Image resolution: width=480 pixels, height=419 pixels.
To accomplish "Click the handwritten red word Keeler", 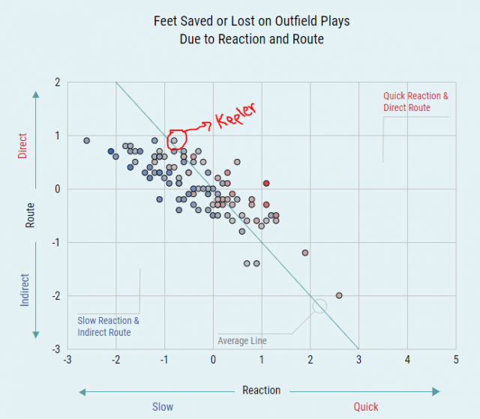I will pyautogui.click(x=235, y=115).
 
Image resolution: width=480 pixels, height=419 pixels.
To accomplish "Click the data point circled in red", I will pyautogui.click(x=174, y=140).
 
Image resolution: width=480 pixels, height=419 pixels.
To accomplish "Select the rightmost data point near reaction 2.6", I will pyautogui.click(x=339, y=295).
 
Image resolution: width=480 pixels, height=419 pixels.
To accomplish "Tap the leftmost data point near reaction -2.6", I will pyautogui.click(x=87, y=140).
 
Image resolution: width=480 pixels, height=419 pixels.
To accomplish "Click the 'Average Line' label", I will pyautogui.click(x=242, y=341).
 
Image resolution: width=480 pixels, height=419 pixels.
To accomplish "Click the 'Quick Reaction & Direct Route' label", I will pyautogui.click(x=415, y=102).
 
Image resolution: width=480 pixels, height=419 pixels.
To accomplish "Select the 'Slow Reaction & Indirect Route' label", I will pyautogui.click(x=108, y=327).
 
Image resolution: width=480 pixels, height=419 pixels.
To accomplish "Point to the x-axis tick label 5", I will pyautogui.click(x=456, y=361).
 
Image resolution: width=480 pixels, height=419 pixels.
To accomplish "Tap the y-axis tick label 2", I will pyautogui.click(x=57, y=82).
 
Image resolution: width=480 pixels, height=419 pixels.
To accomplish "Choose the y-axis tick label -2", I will pyautogui.click(x=55, y=295).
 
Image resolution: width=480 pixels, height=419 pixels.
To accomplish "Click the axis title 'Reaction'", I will pyautogui.click(x=261, y=391).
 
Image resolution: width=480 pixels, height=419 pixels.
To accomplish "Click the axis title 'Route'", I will pyautogui.click(x=30, y=216).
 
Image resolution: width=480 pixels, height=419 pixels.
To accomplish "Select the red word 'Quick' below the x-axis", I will pyautogui.click(x=366, y=407).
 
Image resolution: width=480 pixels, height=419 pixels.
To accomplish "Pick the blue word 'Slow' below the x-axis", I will pyautogui.click(x=163, y=407).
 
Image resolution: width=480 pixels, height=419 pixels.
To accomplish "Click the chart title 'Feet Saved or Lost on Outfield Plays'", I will pyautogui.click(x=250, y=22).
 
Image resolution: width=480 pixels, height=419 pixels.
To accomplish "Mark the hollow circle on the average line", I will pyautogui.click(x=319, y=305).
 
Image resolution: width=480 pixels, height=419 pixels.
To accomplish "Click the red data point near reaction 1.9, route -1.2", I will pyautogui.click(x=305, y=253).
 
